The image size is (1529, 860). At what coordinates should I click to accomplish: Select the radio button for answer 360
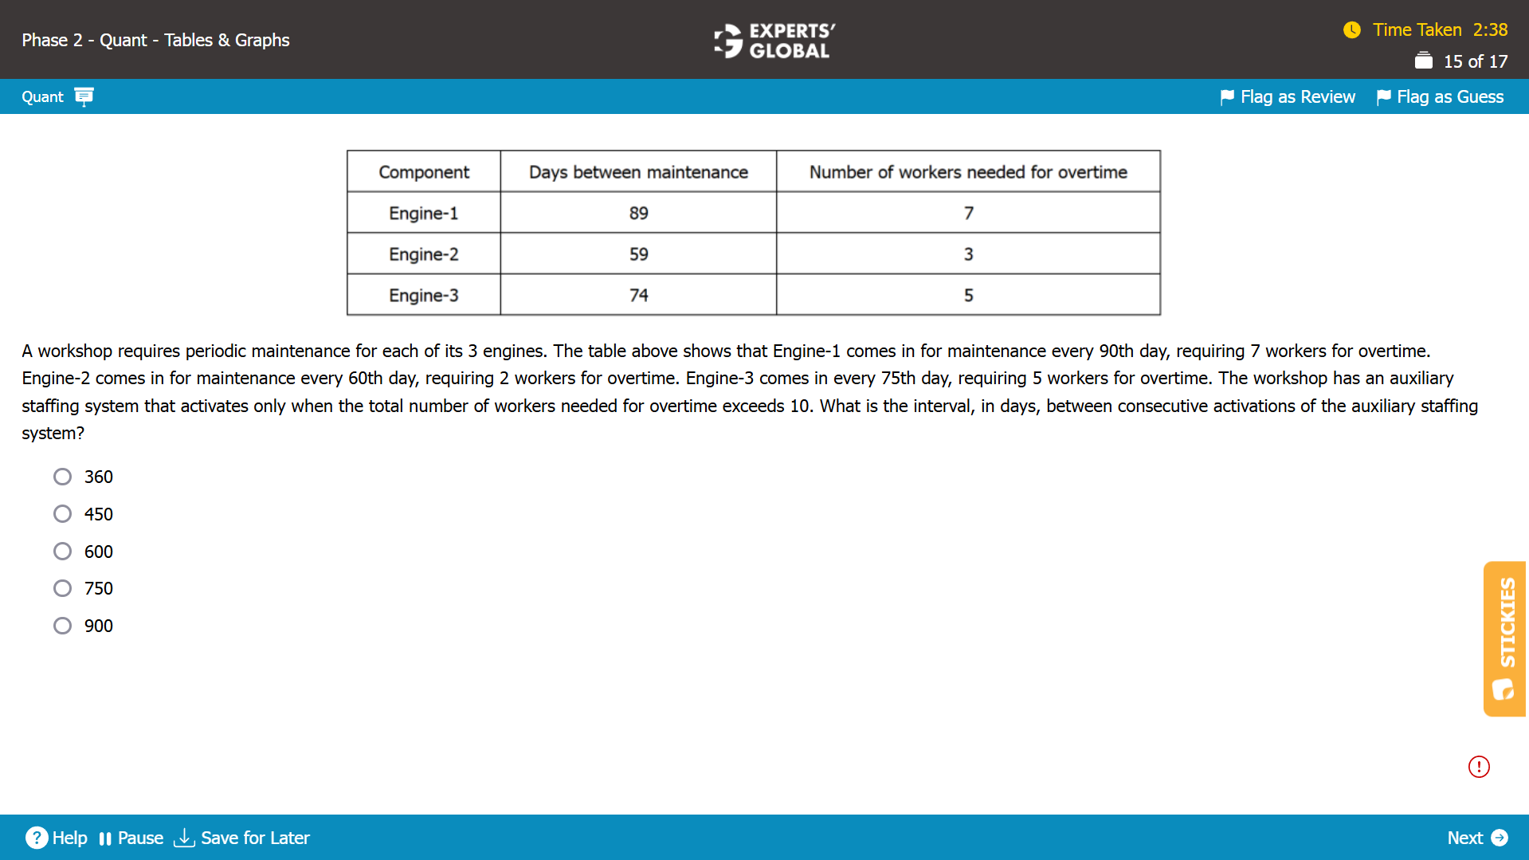tap(62, 477)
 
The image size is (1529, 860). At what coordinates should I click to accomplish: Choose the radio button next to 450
tap(62, 514)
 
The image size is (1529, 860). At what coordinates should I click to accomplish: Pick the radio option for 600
tap(62, 552)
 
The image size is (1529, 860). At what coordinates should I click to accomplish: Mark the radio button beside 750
tap(62, 588)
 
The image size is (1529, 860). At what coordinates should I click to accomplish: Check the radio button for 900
tap(62, 626)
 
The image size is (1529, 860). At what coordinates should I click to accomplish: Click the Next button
tap(1476, 838)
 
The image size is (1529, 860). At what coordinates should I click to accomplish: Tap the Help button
tap(57, 838)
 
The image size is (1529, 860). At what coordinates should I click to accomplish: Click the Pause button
tap(131, 838)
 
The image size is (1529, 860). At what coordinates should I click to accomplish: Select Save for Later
tap(241, 838)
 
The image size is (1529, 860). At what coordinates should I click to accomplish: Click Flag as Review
tap(1288, 97)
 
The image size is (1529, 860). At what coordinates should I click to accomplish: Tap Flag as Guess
tap(1441, 97)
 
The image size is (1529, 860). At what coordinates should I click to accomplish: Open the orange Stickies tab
tap(1504, 638)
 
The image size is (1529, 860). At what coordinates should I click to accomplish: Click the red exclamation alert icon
tap(1479, 767)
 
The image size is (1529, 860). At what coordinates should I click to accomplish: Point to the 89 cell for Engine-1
tap(638, 213)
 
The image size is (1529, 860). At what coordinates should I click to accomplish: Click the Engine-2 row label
tap(423, 254)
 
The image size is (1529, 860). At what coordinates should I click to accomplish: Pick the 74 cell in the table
tap(638, 296)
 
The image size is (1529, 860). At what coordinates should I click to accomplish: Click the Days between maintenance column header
tap(638, 172)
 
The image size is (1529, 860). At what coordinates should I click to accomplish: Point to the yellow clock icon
tap(1352, 30)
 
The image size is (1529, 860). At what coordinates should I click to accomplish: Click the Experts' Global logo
tap(773, 41)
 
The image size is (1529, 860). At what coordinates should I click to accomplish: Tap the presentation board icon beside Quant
tap(84, 96)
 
